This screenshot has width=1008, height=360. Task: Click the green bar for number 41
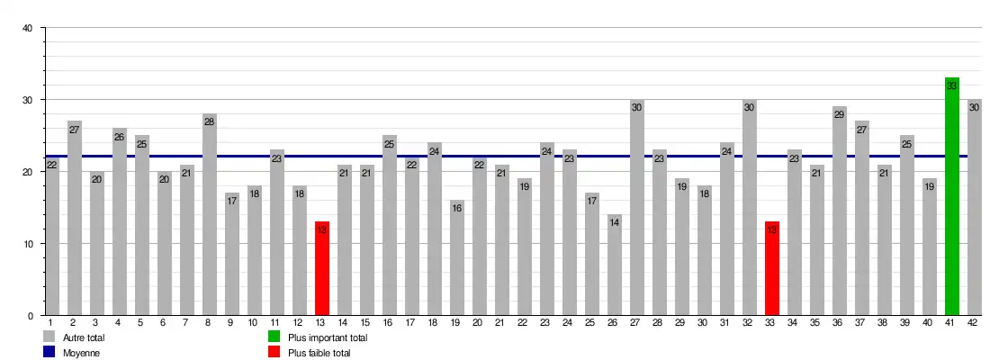(952, 198)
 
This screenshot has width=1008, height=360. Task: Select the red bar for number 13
(322, 270)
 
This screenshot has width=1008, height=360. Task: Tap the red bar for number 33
(772, 270)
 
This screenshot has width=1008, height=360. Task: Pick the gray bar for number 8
(210, 216)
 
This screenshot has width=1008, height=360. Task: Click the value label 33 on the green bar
(952, 85)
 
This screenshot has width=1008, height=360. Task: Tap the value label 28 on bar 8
(210, 121)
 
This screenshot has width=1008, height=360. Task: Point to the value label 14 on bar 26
(615, 222)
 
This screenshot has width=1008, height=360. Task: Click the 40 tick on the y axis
(27, 28)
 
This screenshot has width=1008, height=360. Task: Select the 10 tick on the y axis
(27, 244)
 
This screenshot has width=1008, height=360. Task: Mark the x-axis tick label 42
(973, 322)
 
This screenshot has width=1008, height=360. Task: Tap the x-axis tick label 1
(50, 322)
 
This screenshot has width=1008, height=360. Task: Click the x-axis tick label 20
(478, 322)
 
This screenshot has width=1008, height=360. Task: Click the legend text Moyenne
(82, 354)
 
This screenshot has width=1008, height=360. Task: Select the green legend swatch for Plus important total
(274, 337)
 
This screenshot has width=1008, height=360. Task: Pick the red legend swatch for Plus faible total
(274, 353)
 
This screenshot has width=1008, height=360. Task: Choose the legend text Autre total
(85, 338)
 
